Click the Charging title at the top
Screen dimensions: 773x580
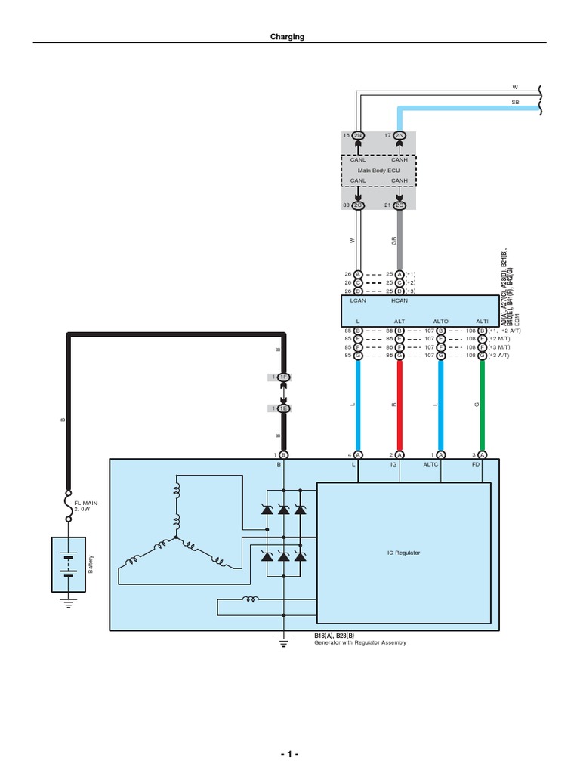click(x=288, y=36)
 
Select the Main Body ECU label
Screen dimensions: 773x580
click(x=378, y=170)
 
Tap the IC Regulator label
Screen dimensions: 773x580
click(x=404, y=553)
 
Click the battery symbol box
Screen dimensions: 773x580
click(x=69, y=564)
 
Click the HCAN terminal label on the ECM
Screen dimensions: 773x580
click(x=400, y=300)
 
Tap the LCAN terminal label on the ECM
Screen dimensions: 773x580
click(x=359, y=300)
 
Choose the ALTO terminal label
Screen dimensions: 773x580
click(x=440, y=322)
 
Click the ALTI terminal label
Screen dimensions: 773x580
click(x=482, y=322)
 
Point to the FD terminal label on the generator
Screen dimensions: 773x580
click(x=476, y=465)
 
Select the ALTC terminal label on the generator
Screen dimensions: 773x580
click(x=430, y=465)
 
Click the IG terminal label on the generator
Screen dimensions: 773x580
click(x=393, y=465)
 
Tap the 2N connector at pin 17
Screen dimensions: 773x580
click(x=400, y=135)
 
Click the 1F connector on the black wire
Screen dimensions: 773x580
click(x=284, y=377)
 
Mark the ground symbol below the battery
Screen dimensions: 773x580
click(x=69, y=603)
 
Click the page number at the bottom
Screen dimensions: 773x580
click(x=289, y=755)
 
